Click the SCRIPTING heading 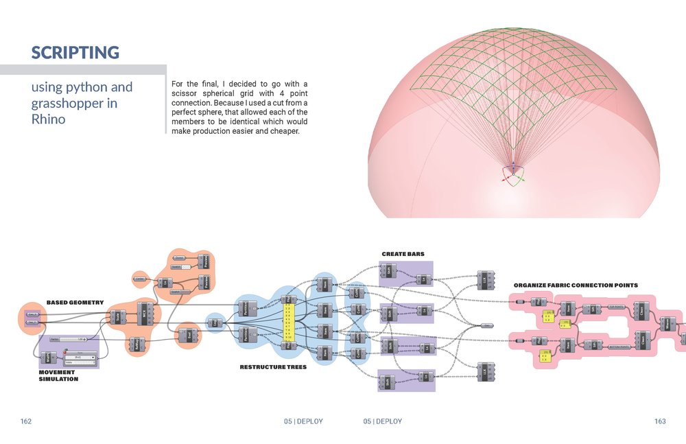pos(75,52)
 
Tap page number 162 pos(26,421)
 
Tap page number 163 pos(659,421)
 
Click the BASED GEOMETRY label pos(75,302)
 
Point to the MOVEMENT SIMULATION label pos(58,375)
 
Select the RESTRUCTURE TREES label pos(272,367)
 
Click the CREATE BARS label pos(403,254)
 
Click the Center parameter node pos(139,278)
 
